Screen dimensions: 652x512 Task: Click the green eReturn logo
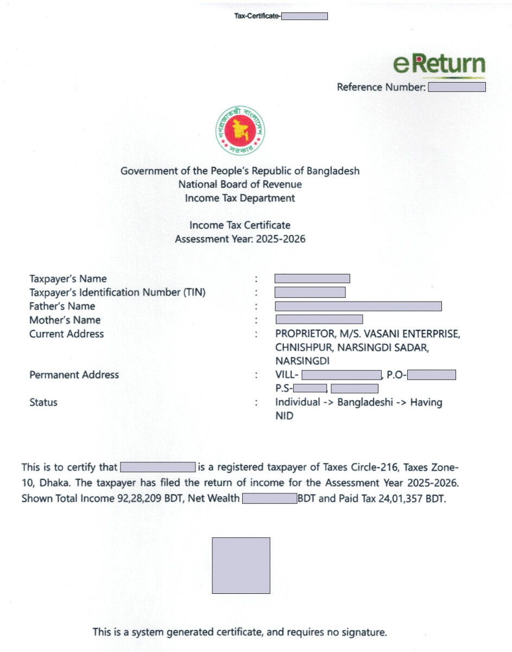click(x=439, y=64)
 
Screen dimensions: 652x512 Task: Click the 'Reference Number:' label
click(x=381, y=87)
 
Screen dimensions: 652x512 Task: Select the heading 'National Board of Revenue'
click(x=240, y=184)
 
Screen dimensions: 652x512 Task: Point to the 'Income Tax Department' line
click(x=240, y=198)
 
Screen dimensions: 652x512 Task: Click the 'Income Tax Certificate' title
click(x=240, y=225)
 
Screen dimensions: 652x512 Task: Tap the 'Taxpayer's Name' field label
click(x=68, y=279)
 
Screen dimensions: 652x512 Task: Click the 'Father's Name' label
click(x=62, y=306)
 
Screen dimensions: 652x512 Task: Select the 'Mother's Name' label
click(x=65, y=320)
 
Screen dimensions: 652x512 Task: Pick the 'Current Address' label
click(x=66, y=334)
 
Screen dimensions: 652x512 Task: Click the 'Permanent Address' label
click(x=74, y=374)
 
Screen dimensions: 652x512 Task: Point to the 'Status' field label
click(x=43, y=403)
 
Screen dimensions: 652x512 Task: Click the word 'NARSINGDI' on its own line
click(x=302, y=361)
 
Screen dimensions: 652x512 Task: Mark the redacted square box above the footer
click(x=241, y=565)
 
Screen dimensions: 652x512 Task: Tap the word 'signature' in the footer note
click(x=363, y=632)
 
